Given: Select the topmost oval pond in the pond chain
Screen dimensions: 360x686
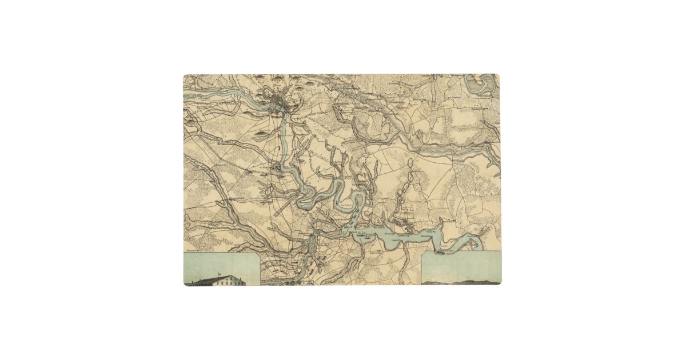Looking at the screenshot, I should click(x=410, y=163).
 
